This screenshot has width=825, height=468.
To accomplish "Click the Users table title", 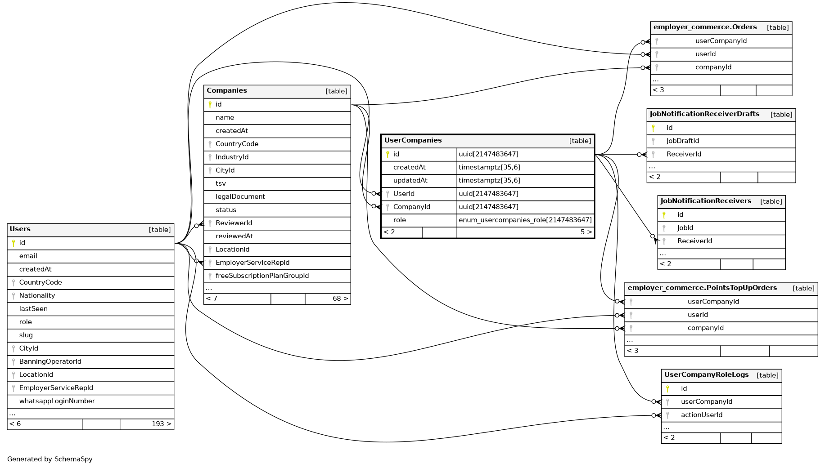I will point(20,229).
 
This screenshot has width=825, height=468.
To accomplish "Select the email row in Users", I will point(28,256).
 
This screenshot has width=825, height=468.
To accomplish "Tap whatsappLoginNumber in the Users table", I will point(57,401).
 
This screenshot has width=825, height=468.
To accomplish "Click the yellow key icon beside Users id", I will point(14,243).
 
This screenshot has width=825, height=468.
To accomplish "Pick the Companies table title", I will point(227,91).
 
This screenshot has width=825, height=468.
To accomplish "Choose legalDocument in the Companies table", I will point(240,197).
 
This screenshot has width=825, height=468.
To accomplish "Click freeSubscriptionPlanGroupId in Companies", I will point(262,276).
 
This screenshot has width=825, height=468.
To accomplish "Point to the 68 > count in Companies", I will point(340,299).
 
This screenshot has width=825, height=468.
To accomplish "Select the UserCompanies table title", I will point(413,141).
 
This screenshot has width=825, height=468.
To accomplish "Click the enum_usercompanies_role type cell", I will point(525,220).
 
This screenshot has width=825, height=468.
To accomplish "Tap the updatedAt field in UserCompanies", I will point(410,181).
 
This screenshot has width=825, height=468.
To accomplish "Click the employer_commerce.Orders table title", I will point(705,27).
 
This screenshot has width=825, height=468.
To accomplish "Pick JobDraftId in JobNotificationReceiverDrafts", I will point(682,141).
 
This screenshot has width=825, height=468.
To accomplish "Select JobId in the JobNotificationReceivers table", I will point(685,228).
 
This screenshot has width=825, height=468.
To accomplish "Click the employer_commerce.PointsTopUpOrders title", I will point(702,288).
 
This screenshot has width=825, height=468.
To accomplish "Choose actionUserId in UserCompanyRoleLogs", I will point(701,415).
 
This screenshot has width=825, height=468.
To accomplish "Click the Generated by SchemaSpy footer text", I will point(50,459).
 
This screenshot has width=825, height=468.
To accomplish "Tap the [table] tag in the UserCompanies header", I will point(580,141).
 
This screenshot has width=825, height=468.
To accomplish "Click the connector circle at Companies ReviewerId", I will point(196,226).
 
